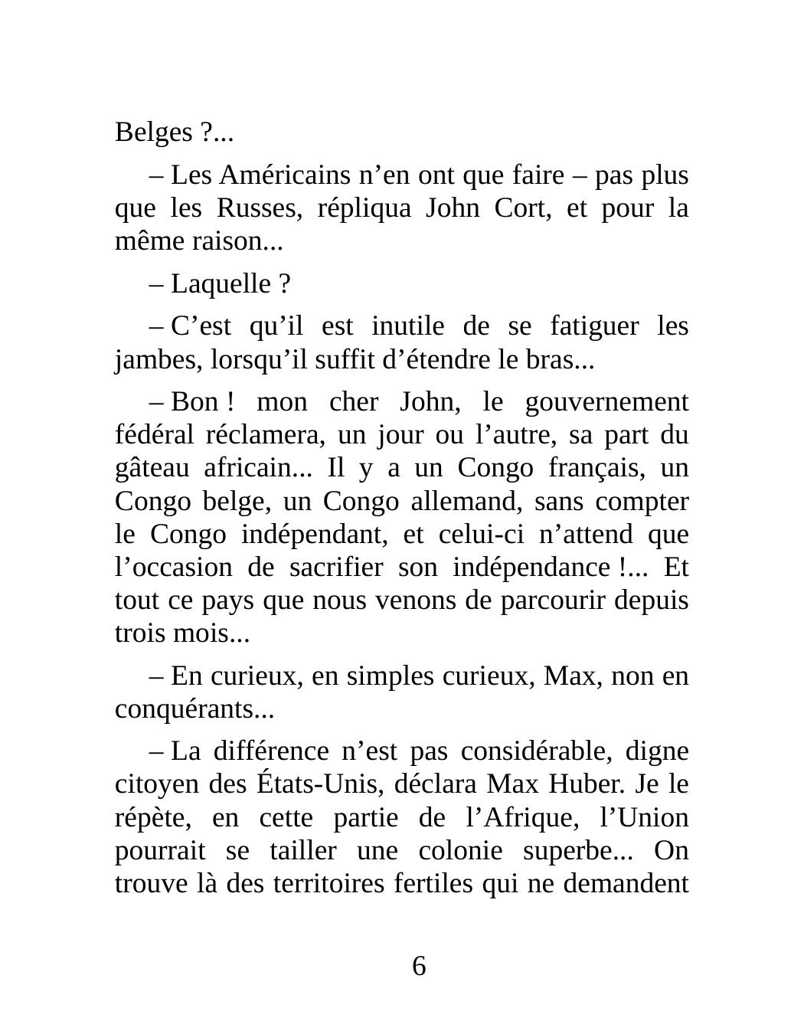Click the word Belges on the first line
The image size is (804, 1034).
(153, 133)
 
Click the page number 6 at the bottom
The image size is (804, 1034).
(419, 967)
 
